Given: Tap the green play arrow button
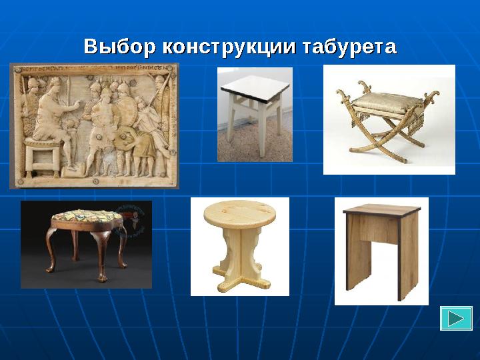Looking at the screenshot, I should tap(456, 318).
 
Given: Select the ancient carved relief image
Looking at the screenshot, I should tap(94, 125).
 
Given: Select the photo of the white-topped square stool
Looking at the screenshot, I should tap(255, 114).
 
